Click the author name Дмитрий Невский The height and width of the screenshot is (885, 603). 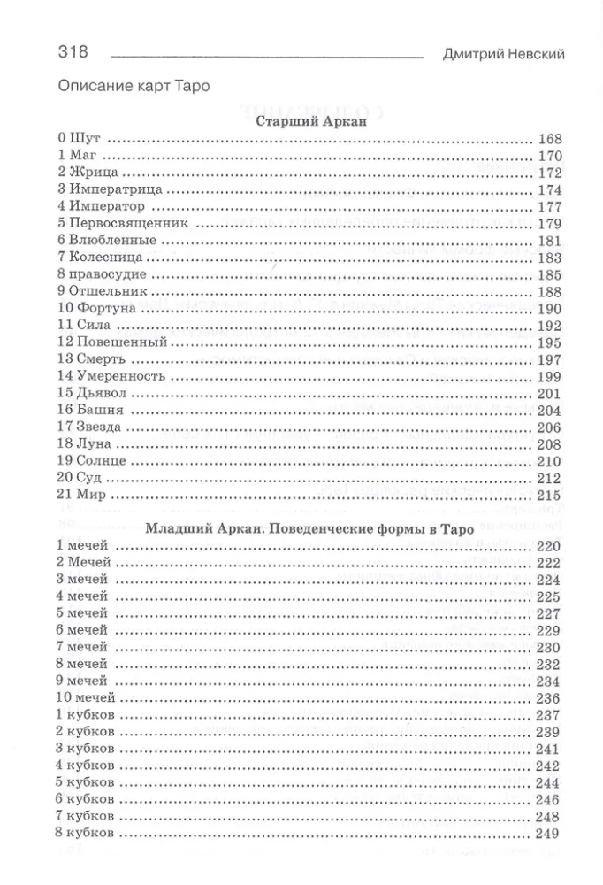(x=503, y=54)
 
